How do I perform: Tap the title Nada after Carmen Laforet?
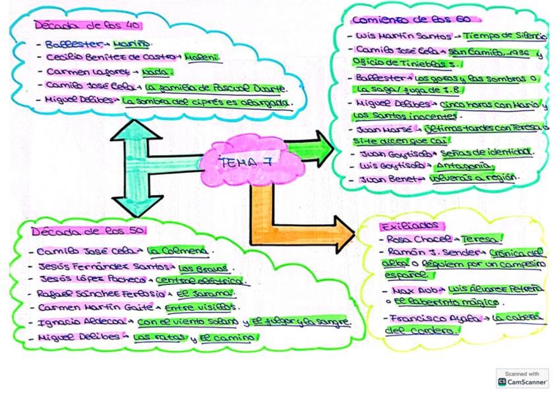161,72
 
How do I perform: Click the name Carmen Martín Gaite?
94,308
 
